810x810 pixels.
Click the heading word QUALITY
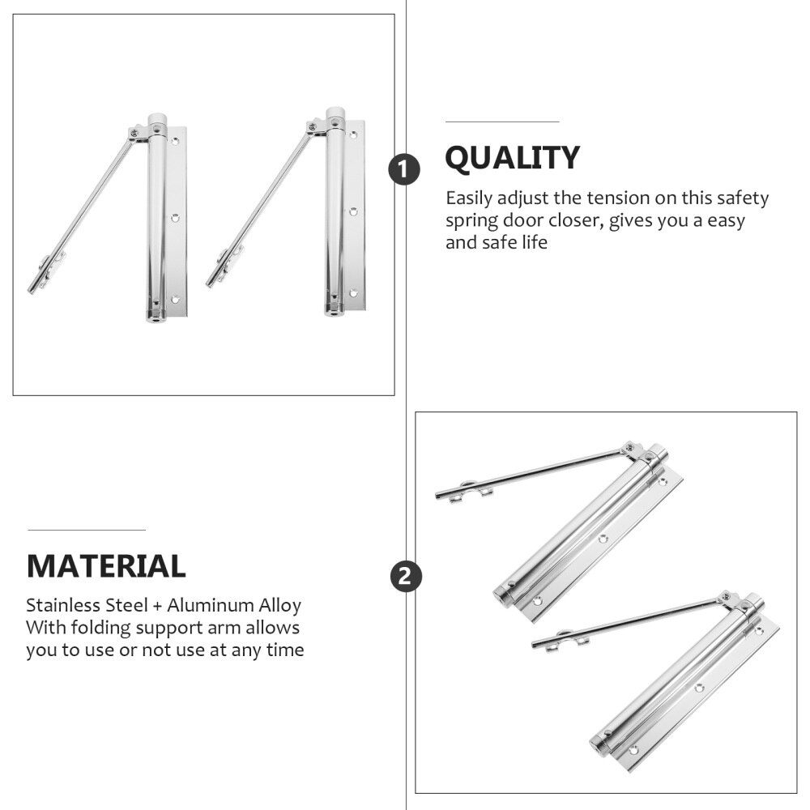click(x=512, y=158)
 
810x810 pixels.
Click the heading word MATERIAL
click(x=106, y=565)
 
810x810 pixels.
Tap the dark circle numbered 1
click(x=405, y=170)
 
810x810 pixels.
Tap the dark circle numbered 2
click(x=405, y=577)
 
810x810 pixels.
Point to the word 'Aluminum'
click(x=207, y=605)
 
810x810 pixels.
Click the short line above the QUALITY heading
click(x=502, y=122)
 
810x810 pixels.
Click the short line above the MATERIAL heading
click(x=87, y=530)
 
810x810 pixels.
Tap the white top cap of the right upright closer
click(x=335, y=114)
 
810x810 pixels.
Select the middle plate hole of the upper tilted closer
click(x=603, y=538)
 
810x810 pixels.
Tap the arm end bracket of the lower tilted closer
click(x=572, y=640)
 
